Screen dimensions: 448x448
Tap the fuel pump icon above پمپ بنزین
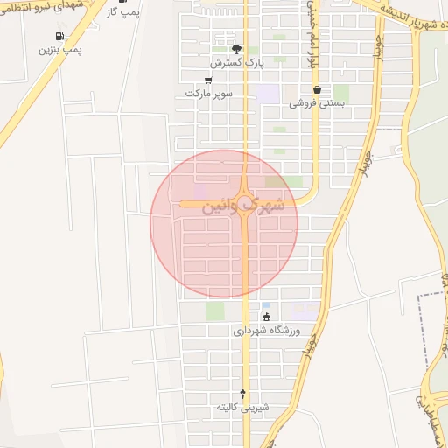click(59, 36)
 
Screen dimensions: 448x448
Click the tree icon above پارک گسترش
click(235, 49)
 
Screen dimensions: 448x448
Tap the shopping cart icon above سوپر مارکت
click(207, 80)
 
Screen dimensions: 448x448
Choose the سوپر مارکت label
click(206, 93)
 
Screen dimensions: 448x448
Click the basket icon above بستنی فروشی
click(316, 89)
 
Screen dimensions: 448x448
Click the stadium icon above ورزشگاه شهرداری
click(266, 317)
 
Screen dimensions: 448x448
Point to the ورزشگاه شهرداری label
click(267, 332)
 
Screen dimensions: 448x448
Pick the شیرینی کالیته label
click(244, 408)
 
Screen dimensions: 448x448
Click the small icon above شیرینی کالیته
click(243, 394)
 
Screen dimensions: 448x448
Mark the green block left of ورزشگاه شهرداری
click(215, 311)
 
